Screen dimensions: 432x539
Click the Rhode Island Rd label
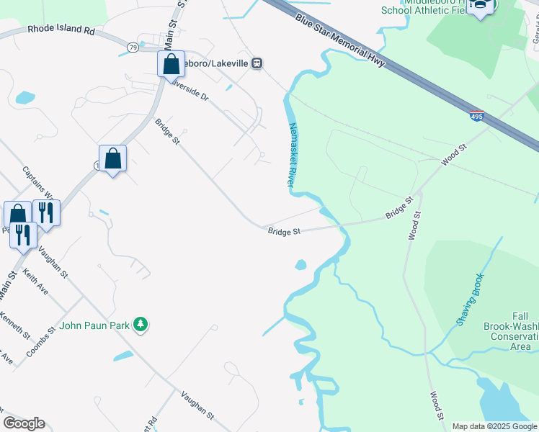(61, 31)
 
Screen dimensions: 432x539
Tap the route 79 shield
(133, 47)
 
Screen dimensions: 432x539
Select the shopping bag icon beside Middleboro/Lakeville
(171, 64)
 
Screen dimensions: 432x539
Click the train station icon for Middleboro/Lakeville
(257, 63)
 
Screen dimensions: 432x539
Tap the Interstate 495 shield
(476, 116)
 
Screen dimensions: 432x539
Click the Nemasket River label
(293, 155)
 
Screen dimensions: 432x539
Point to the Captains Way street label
(37, 184)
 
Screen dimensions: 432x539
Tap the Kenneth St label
(14, 325)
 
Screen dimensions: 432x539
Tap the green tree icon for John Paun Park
(142, 325)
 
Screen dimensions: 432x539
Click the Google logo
(24, 423)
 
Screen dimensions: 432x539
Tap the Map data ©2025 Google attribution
(494, 426)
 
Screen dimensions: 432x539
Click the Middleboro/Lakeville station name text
(217, 63)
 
